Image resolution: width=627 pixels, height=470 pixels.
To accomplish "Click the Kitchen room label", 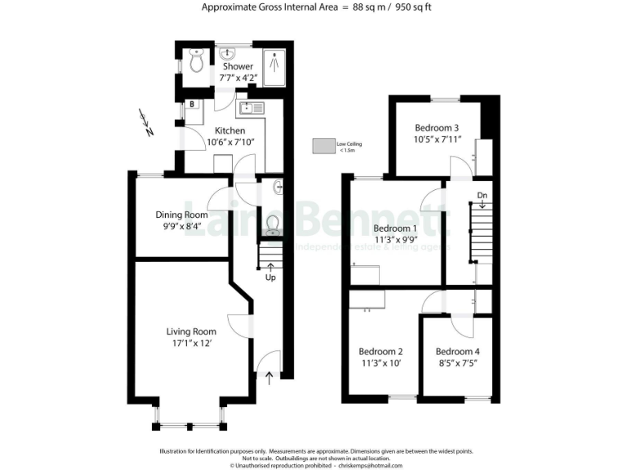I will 229,131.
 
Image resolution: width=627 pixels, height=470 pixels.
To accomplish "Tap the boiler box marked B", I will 191,104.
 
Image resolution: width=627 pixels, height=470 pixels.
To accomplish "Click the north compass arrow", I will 147,125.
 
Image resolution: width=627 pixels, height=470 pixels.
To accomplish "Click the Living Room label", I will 191,331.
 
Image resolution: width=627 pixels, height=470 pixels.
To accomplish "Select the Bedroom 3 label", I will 437,128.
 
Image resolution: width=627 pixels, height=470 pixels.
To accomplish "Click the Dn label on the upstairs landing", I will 482,195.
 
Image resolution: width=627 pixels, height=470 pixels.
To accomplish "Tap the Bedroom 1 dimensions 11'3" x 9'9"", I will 395,240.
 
